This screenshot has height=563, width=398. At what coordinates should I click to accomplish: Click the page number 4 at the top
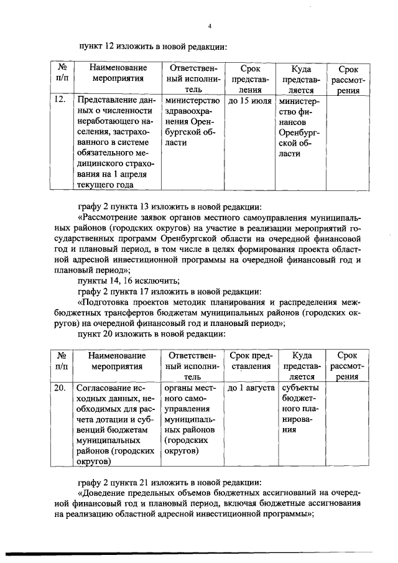(210, 26)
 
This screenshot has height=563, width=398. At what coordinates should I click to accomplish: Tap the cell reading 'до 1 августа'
(251, 388)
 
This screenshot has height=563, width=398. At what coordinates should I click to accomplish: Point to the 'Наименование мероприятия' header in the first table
(118, 73)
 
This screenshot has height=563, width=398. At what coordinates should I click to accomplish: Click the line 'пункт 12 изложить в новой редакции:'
(152, 47)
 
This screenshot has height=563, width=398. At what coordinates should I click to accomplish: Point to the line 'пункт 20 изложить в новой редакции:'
(152, 334)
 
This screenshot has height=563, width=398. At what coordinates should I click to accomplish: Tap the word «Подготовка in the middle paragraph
(106, 302)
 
